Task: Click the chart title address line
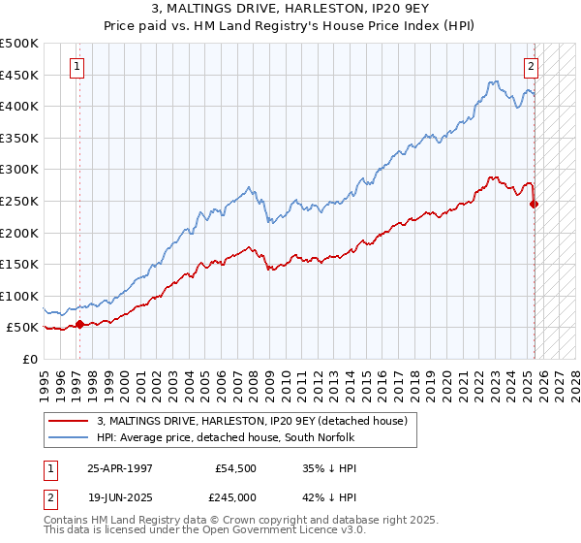(290, 9)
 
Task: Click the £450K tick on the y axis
(19, 75)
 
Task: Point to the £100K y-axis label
(19, 296)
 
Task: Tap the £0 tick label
(30, 359)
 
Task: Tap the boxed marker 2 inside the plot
(532, 67)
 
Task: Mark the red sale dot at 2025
(535, 204)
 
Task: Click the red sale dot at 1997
(79, 324)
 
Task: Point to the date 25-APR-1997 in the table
(120, 467)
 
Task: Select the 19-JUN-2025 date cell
(120, 496)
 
